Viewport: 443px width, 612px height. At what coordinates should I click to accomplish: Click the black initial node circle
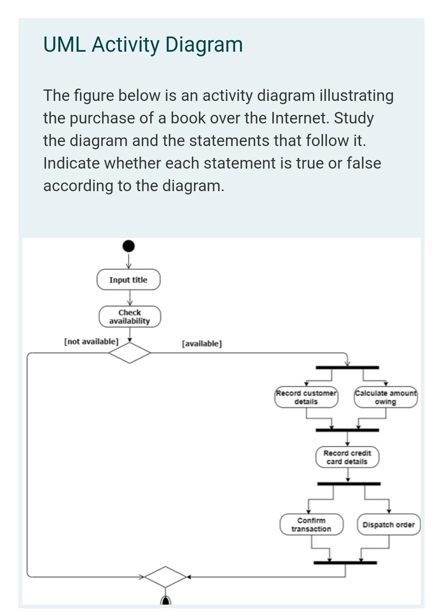click(x=128, y=246)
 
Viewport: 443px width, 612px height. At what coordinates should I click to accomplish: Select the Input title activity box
click(x=128, y=279)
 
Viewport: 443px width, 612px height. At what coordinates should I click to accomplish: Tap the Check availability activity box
click(x=130, y=317)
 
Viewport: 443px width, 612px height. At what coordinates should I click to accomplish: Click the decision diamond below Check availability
click(x=130, y=353)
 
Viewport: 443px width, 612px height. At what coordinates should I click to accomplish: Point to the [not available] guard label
click(x=91, y=342)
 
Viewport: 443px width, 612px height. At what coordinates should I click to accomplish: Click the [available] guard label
click(x=202, y=343)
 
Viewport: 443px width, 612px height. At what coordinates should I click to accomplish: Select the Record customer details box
click(x=306, y=397)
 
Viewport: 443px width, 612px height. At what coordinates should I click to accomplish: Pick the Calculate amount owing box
click(x=386, y=397)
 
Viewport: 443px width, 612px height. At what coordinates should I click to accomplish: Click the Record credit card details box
click(x=347, y=457)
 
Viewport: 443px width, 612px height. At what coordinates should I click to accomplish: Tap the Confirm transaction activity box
click(x=311, y=524)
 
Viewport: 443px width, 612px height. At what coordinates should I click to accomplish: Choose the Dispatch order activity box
click(x=388, y=524)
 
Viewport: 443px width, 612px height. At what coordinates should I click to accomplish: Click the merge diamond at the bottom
click(x=165, y=577)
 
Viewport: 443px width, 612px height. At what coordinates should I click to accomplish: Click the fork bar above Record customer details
click(x=347, y=368)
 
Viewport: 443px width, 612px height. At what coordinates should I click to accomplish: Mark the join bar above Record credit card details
click(x=347, y=430)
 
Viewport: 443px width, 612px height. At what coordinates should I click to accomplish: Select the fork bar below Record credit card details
click(x=349, y=484)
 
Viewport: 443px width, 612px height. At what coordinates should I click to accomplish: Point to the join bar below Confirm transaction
click(x=345, y=562)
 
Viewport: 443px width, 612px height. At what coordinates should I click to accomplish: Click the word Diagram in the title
click(x=204, y=45)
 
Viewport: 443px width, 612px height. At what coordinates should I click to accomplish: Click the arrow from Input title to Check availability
click(x=130, y=298)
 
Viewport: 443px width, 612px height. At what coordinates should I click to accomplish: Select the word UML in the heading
click(x=64, y=44)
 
